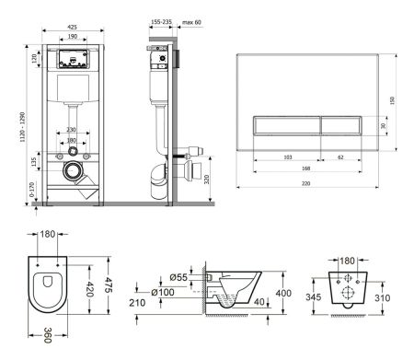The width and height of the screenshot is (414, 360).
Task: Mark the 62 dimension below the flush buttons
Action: tap(341, 157)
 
